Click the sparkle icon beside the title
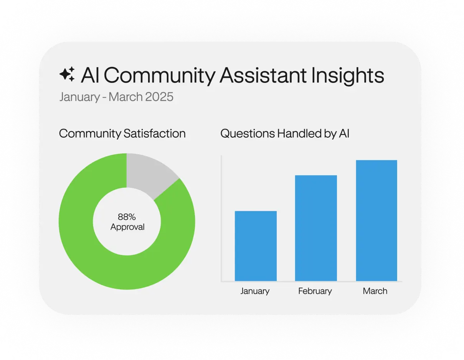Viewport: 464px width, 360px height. (x=67, y=74)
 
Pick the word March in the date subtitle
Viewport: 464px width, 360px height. (x=126, y=97)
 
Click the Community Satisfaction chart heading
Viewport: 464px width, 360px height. (x=122, y=133)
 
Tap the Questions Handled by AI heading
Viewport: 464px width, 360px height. (x=285, y=133)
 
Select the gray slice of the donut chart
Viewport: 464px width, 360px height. (x=148, y=172)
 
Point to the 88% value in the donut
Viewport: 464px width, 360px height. (x=127, y=217)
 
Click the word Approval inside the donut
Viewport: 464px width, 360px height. (x=127, y=227)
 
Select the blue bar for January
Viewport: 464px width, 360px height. (x=256, y=246)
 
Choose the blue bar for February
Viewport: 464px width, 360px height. (x=316, y=228)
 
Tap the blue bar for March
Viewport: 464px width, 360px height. (x=376, y=220)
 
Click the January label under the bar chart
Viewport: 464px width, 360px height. (x=255, y=291)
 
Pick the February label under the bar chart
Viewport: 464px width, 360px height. (x=315, y=291)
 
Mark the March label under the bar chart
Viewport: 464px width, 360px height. (x=375, y=291)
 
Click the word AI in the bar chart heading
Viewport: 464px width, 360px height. (x=343, y=133)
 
